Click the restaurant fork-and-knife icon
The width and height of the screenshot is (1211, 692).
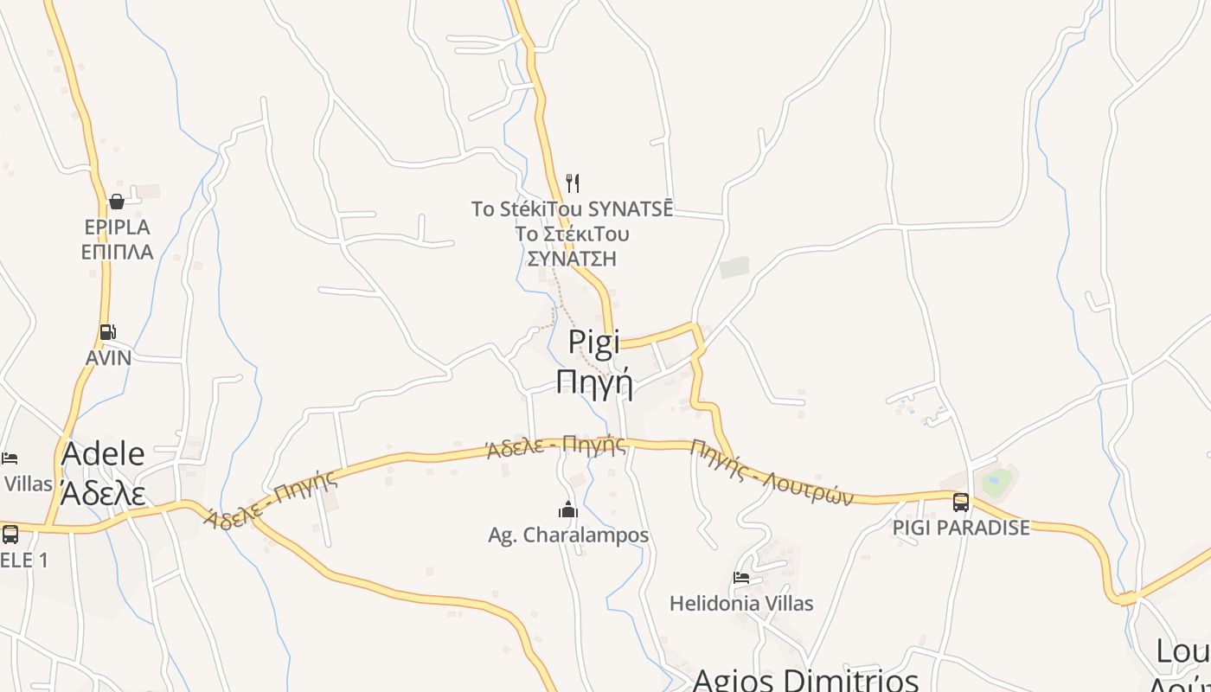pyautogui.click(x=572, y=183)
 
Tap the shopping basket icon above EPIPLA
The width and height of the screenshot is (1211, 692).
pyautogui.click(x=117, y=202)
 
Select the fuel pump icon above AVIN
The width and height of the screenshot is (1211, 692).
pyautogui.click(x=108, y=331)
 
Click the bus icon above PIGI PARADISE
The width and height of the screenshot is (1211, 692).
pyautogui.click(x=960, y=502)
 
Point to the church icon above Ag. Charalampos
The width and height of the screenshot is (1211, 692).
pyautogui.click(x=568, y=509)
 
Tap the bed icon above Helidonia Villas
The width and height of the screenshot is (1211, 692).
pyautogui.click(x=741, y=577)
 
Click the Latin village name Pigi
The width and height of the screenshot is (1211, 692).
pyautogui.click(x=594, y=342)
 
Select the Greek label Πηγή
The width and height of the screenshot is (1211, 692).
pyautogui.click(x=594, y=381)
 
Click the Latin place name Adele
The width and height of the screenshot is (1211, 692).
pyautogui.click(x=103, y=453)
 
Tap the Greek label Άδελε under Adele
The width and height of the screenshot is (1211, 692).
pyautogui.click(x=103, y=492)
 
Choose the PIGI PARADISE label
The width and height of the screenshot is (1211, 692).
pyautogui.click(x=961, y=528)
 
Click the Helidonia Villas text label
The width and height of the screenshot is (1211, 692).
pyautogui.click(x=741, y=603)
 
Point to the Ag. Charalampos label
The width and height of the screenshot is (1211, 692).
pyautogui.click(x=568, y=535)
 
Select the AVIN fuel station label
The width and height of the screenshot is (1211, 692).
pyautogui.click(x=109, y=357)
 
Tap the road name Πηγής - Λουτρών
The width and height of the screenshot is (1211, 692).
pyautogui.click(x=772, y=472)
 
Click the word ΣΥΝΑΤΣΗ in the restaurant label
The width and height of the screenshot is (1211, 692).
pyautogui.click(x=572, y=259)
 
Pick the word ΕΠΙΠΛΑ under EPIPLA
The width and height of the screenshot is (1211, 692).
pyautogui.click(x=117, y=252)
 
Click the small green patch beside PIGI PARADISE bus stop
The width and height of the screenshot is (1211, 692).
pyautogui.click(x=996, y=481)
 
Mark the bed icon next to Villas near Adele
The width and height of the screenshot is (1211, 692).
pyautogui.click(x=10, y=458)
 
